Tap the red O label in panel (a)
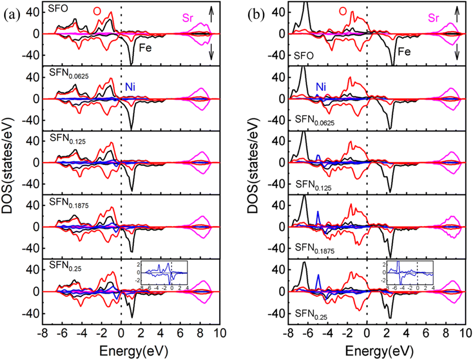(x=97, y=12)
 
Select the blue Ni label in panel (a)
(x=130, y=87)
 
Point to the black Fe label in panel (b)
(x=404, y=52)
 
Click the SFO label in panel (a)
(x=58, y=8)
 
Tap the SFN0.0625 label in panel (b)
(x=315, y=120)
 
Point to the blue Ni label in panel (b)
(x=321, y=87)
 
